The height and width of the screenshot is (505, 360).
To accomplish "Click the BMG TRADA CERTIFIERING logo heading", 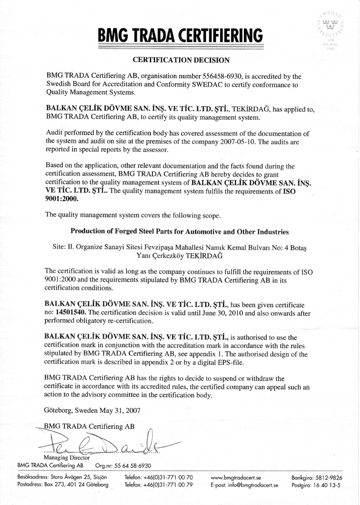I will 180,35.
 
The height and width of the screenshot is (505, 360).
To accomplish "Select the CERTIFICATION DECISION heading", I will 181,59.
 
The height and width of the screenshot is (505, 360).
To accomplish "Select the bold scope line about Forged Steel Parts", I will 180,232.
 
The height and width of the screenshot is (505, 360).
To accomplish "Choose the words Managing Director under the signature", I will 67,458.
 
